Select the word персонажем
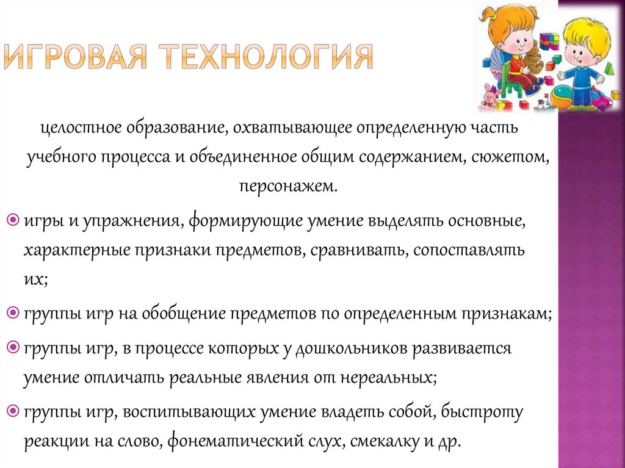[x=287, y=185]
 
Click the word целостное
[x=82, y=129]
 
